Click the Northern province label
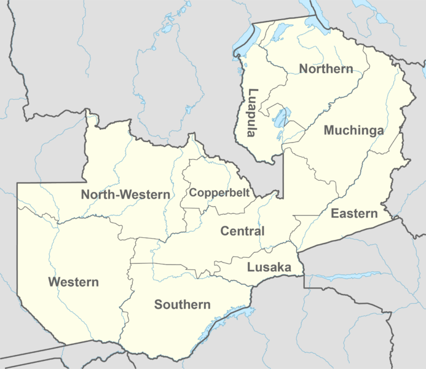pos(326,68)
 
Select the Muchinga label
pos(353,130)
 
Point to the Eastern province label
pos(353,213)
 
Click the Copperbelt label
pos(219,192)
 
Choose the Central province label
pos(242,231)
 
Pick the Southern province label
pos(182,304)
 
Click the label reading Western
pos(73,282)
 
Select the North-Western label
pos(125,195)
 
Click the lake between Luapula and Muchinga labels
pos(282,117)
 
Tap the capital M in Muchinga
pos(329,130)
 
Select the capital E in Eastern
pos(334,213)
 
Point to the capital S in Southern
pos(158,304)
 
